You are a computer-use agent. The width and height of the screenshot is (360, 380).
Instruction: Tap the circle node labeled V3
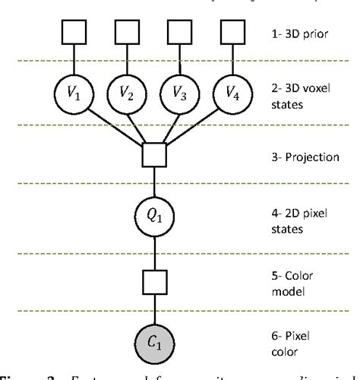coord(178,95)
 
